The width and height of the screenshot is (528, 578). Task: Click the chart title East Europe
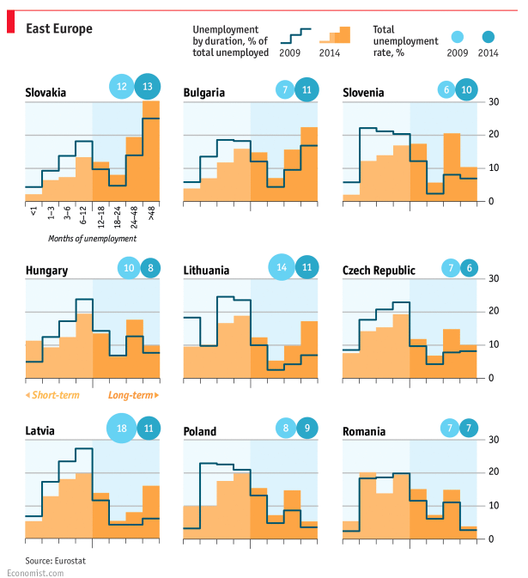58,28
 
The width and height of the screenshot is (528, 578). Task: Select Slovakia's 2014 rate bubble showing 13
148,86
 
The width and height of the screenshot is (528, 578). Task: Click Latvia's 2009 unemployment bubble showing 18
122,428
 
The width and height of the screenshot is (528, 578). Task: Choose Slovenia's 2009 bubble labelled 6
446,89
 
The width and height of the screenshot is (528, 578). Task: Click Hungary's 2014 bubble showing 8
150,268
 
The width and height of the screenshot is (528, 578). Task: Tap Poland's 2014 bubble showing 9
306,429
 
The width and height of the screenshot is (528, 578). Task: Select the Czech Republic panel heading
378,271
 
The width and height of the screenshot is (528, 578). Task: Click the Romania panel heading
366,431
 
